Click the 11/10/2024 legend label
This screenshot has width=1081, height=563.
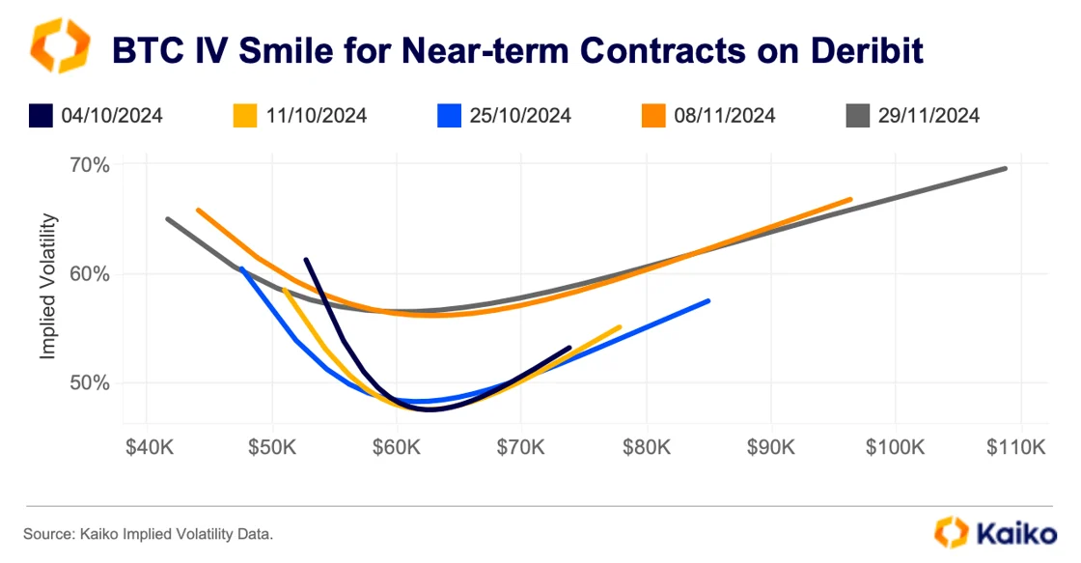(316, 116)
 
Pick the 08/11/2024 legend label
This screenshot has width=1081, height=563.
(725, 116)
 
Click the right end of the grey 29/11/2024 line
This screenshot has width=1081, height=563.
(1006, 168)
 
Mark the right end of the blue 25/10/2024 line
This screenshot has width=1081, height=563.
(708, 301)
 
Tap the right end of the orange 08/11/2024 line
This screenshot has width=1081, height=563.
(850, 200)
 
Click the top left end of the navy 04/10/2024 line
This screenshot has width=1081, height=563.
(306, 260)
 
